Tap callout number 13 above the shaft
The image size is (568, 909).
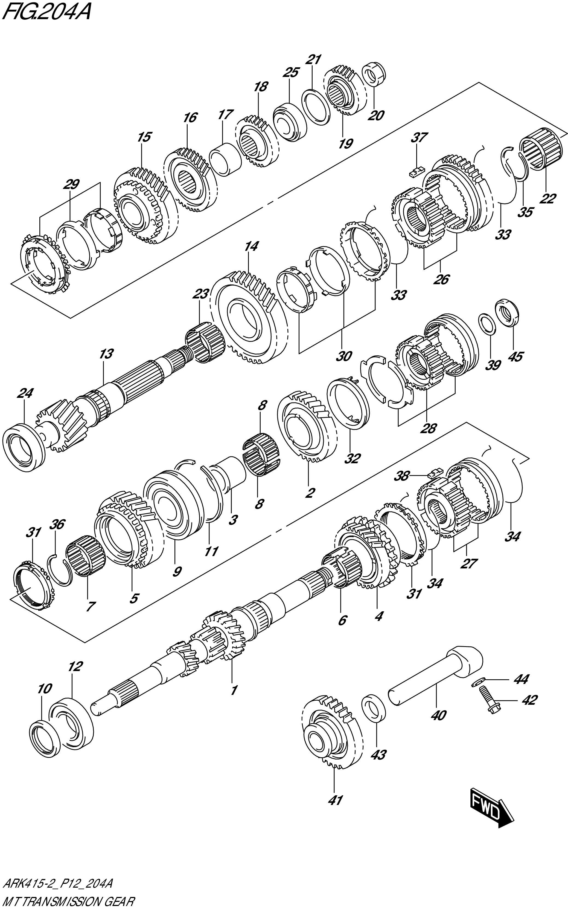tap(106, 354)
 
